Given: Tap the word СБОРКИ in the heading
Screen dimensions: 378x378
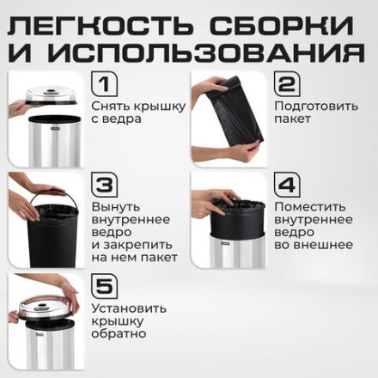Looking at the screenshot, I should tap(284, 20).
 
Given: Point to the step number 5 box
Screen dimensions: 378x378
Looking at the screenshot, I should tap(104, 286).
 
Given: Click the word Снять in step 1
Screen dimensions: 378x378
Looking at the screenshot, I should tap(109, 107).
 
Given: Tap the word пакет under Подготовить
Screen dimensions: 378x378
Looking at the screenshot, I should tap(293, 124).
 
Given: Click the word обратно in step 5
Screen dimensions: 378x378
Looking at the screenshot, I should tap(119, 334).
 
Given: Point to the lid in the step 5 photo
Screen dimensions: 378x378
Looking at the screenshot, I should tap(45, 302).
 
